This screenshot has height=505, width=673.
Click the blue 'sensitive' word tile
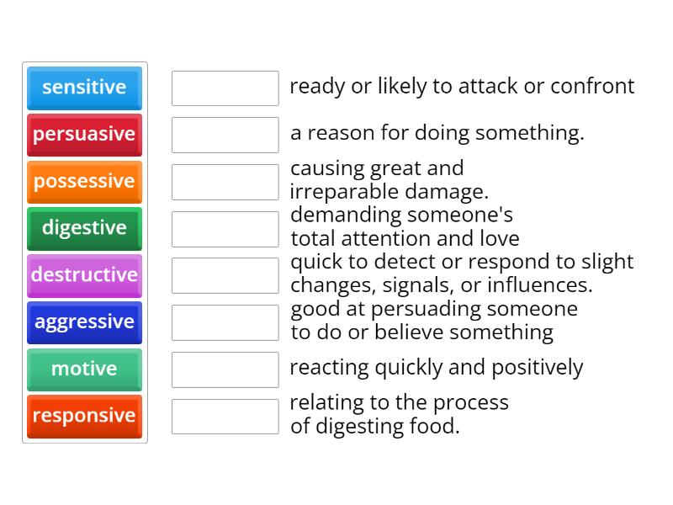pos(84,88)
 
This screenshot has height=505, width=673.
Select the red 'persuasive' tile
pos(84,135)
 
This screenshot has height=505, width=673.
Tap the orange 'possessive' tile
pos(84,182)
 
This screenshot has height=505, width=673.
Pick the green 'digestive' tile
pos(84,228)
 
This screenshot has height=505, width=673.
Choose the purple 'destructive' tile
pos(84,275)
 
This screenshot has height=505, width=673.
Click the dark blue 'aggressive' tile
pos(84,322)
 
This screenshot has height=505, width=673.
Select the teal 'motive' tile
pos(84,369)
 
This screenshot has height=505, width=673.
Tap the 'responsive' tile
pos(84,416)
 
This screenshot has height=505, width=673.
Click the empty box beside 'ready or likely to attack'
pos(225,88)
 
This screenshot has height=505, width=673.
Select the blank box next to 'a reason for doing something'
pos(225,135)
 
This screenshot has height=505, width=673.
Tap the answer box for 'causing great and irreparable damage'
pos(225,182)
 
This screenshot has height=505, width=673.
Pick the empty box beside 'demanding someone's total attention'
pos(225,229)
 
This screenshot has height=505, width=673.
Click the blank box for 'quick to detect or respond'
pos(225,275)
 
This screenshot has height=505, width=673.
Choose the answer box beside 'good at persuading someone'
pos(225,322)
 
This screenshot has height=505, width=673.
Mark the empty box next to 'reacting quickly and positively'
pos(225,369)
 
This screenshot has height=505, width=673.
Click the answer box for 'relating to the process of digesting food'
pos(225,416)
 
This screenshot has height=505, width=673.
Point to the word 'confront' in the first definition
pos(592,87)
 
